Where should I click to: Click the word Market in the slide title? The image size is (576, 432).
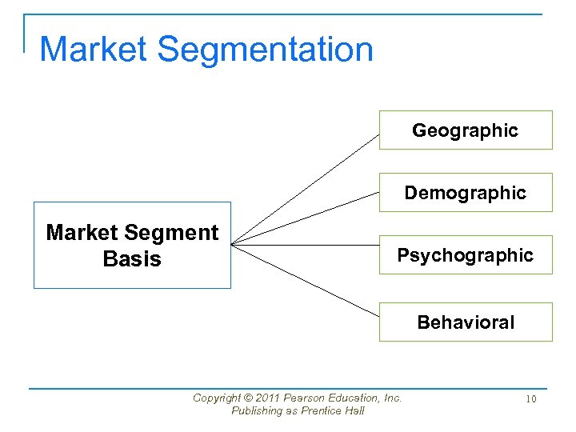(x=94, y=50)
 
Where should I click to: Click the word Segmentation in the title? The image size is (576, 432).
(x=265, y=50)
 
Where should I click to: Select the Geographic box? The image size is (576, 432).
(x=465, y=130)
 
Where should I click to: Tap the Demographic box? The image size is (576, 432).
(x=465, y=193)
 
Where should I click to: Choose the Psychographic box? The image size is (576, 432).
(x=465, y=255)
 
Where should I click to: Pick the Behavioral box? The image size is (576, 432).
(x=465, y=322)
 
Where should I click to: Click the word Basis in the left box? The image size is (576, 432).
(x=132, y=259)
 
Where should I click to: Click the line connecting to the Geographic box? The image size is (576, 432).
(x=304, y=188)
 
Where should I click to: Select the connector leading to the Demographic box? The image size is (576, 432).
(x=304, y=217)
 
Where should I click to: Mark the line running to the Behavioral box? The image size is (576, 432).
(x=304, y=278)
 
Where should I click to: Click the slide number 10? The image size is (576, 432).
(x=530, y=398)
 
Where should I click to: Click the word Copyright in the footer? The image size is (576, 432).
(x=217, y=398)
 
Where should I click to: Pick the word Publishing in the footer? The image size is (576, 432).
(x=256, y=411)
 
